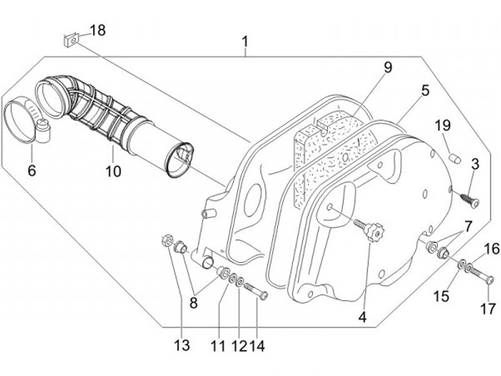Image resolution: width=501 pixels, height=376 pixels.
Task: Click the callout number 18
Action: [x=98, y=30]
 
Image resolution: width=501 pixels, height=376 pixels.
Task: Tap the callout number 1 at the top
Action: [x=245, y=42]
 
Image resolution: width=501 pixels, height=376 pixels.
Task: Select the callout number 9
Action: [x=388, y=67]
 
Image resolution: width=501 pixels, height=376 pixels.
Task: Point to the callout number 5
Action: [x=424, y=90]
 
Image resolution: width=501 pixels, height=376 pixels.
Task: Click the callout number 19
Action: [x=443, y=126]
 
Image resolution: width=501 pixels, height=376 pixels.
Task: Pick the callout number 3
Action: [x=475, y=165]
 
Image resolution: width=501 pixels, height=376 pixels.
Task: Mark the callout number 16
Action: [x=491, y=248]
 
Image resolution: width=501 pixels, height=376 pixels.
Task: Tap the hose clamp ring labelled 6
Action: [x=22, y=119]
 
